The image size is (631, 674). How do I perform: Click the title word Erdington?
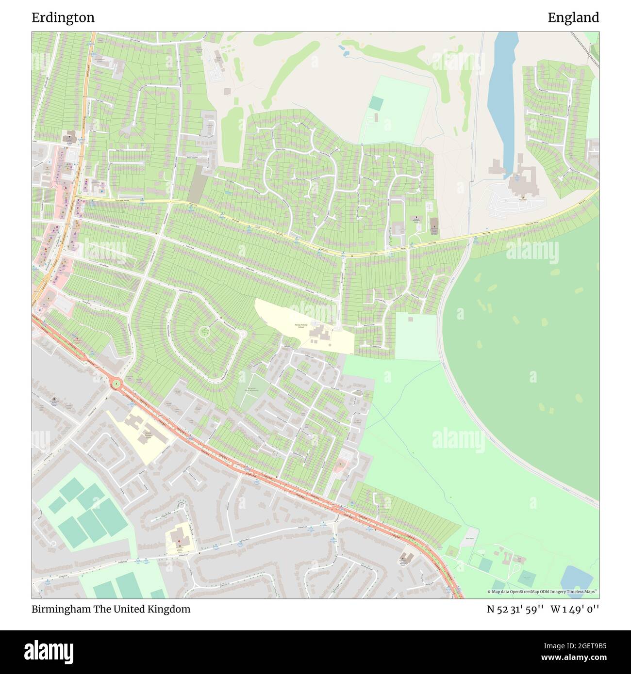63,17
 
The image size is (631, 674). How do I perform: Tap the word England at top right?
573,17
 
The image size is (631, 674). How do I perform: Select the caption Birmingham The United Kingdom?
111,609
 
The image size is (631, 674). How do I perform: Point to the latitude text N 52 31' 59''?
515,609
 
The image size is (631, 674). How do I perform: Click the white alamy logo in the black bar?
49,651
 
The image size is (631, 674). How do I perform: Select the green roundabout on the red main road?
116,384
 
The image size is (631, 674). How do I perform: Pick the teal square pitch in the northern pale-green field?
376,103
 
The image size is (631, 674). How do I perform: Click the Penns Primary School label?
301,326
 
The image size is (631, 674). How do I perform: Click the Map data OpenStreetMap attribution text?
543,592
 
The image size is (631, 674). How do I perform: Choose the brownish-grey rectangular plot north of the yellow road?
198,184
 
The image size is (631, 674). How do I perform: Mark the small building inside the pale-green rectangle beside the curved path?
411,319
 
